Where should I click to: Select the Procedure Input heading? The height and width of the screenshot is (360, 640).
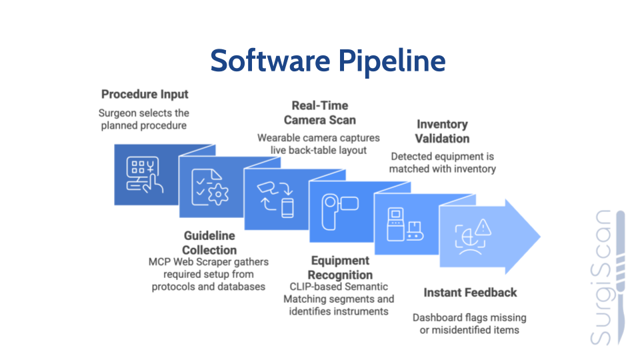tap(145, 94)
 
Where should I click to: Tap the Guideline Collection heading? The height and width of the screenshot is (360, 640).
tap(209, 243)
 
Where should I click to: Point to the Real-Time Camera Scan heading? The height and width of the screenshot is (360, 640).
tap(319, 113)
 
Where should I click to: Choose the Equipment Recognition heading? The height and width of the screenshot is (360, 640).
tap(340, 267)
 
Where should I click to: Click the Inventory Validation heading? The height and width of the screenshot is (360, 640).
tap(442, 131)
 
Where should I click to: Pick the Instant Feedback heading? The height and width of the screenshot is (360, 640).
tap(470, 293)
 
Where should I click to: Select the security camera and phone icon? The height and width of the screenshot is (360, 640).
tap(275, 198)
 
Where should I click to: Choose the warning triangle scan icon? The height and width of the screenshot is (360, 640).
tap(473, 235)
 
